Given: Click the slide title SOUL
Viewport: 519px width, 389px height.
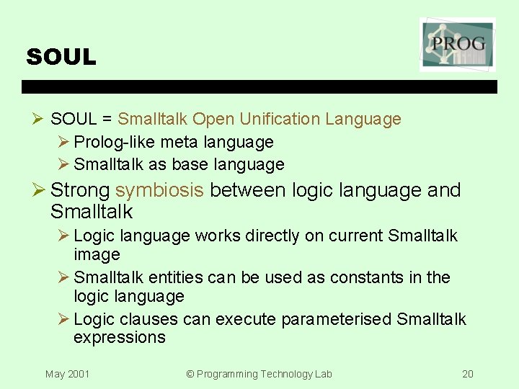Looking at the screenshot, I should click(61, 58).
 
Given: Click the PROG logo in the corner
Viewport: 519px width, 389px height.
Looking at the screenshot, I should click(458, 45).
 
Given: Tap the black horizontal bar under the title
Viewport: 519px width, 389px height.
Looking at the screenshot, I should click(259, 86).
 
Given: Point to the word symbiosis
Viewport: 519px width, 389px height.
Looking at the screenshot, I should click(160, 190).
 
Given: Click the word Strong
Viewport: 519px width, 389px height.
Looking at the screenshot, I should click(80, 190).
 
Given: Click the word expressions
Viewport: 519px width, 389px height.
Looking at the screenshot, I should click(119, 338).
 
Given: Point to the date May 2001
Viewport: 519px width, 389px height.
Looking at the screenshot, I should click(67, 374).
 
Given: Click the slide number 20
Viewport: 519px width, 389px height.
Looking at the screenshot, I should click(468, 374).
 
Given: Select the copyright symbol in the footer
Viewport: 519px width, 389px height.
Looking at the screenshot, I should click(190, 374).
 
